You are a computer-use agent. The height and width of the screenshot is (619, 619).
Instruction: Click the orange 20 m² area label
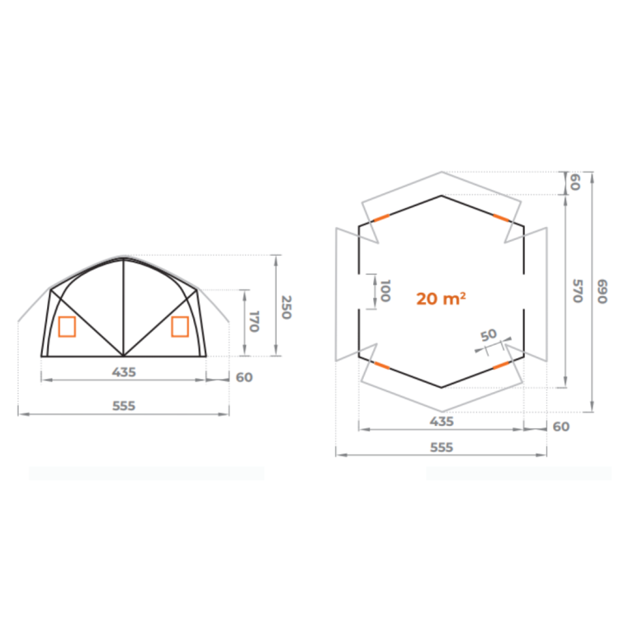pos(441,299)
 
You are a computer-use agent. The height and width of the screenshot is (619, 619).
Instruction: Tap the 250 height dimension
pos(286,307)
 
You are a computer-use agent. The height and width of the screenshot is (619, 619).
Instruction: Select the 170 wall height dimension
pos(254,321)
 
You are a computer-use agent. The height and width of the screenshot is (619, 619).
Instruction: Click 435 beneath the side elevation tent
pos(124,372)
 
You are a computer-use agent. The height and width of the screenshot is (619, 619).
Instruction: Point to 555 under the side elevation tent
pos(124,406)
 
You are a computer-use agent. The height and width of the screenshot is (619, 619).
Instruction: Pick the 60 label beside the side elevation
pos(244,377)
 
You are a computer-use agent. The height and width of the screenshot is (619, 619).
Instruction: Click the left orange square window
pos(67,327)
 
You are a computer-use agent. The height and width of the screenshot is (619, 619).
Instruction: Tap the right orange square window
pos(180,327)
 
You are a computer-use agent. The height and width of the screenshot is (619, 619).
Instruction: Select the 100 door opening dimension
pos(385,291)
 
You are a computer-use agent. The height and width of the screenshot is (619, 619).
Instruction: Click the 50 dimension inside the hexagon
pos(489,335)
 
